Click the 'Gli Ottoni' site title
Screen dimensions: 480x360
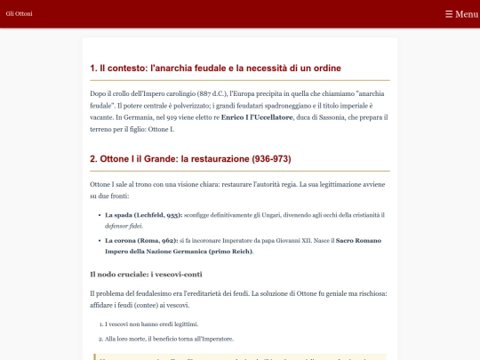tap(19, 14)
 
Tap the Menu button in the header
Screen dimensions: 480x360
tap(461, 14)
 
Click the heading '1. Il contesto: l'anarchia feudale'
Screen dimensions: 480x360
tap(215, 68)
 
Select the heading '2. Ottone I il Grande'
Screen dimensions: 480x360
tap(190, 159)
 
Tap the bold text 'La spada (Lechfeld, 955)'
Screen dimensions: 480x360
tap(143, 215)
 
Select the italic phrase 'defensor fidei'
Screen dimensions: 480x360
tap(124, 226)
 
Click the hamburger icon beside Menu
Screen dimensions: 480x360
tap(449, 14)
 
